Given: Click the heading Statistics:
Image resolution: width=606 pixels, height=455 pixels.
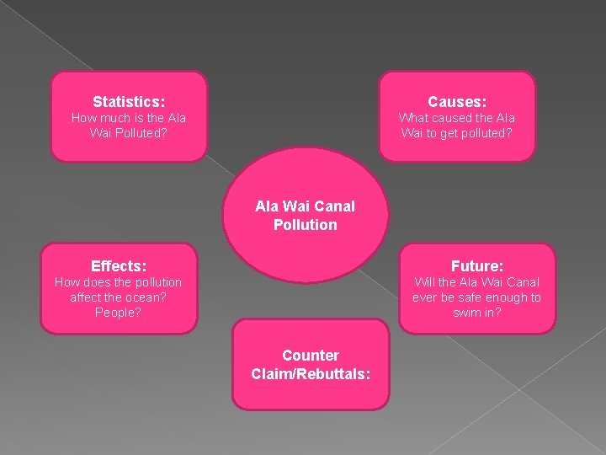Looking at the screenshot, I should [x=129, y=101].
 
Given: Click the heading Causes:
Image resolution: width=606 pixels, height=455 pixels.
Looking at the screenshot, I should [x=457, y=101].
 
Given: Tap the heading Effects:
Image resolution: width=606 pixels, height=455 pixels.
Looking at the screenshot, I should [x=119, y=265].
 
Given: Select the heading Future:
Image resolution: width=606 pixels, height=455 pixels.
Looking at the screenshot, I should [x=477, y=265].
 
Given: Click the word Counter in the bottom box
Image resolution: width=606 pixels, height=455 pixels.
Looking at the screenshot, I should [x=311, y=356].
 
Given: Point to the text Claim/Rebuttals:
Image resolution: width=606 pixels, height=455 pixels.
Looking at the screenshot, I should [x=311, y=373].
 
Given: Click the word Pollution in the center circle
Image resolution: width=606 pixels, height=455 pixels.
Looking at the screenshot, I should [x=305, y=225].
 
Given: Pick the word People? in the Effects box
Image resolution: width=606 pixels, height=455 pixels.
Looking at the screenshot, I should [x=119, y=313].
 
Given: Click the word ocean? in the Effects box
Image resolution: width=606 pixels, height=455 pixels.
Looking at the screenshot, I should [x=150, y=297].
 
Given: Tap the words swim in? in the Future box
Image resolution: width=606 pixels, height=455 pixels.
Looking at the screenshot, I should [x=477, y=313].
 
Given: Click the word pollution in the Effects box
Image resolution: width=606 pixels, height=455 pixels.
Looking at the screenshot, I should [x=151, y=282].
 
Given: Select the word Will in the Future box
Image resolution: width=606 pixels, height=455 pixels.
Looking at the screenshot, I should [x=425, y=282].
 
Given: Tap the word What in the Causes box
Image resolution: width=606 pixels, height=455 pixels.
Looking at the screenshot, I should [x=413, y=118].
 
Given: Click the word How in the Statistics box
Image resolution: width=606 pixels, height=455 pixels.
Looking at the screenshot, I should [x=82, y=118].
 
